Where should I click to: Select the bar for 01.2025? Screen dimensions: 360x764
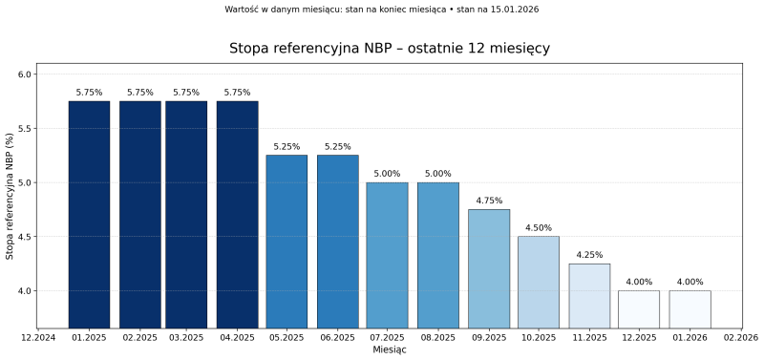click(x=89, y=215)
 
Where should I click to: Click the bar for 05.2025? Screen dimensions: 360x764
click(x=286, y=242)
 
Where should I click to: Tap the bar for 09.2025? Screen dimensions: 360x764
click(x=489, y=268)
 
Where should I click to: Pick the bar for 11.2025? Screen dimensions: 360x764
click(x=589, y=295)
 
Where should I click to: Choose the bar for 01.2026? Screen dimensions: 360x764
click(x=690, y=308)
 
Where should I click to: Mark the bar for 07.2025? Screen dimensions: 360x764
click(x=388, y=255)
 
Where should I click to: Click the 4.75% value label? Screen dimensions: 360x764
click(x=489, y=201)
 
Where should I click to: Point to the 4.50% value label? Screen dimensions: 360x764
click(x=539, y=227)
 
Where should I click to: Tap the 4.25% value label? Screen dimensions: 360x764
click(x=589, y=255)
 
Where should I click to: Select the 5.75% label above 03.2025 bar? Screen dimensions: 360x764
click(x=186, y=93)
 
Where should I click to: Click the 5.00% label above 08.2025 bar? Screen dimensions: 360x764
click(x=437, y=174)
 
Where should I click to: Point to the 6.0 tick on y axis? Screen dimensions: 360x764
click(x=25, y=74)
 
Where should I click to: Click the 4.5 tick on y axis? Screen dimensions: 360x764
click(x=25, y=237)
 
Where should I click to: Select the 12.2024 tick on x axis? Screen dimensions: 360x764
click(x=39, y=338)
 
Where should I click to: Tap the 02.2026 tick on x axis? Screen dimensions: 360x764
click(x=740, y=338)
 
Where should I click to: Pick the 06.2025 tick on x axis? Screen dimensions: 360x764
click(x=338, y=338)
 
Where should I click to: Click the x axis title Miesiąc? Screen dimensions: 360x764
click(x=389, y=350)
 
